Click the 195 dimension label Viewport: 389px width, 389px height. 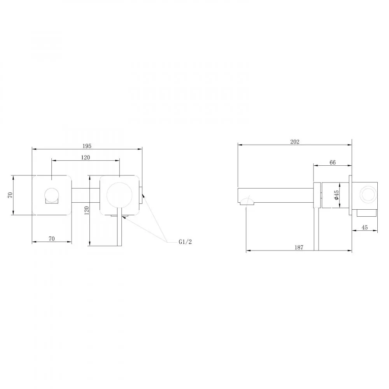coord(87,146)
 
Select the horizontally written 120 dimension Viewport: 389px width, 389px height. coord(85,158)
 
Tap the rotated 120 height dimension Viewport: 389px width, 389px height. coord(87,210)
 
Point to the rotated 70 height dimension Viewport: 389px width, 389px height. coord(10,195)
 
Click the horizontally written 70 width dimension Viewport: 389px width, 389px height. coord(52,239)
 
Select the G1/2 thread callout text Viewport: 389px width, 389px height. coord(185,242)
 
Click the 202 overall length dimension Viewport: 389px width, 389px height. coord(295,142)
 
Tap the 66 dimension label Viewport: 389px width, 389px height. coord(333,162)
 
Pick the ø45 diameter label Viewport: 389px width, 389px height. coord(336,195)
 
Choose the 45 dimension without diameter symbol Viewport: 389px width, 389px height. coord(364,227)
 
